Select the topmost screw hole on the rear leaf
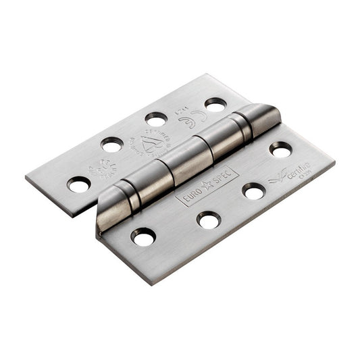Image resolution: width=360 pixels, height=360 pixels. pos(215,105)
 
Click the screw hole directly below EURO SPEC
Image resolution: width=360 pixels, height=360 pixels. pos(208,219)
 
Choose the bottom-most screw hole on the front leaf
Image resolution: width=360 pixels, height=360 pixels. pos(144,236)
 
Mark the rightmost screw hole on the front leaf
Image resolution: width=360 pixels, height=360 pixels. pos(281,149)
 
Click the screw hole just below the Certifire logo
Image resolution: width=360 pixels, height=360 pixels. pos(254,192)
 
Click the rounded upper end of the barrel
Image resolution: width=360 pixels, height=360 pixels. pos(263,113)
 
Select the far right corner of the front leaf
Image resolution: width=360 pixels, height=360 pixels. pos(334,162)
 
